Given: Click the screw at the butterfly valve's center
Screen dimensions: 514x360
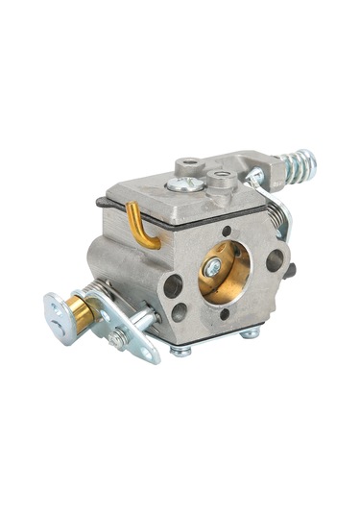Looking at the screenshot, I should pos(213,270).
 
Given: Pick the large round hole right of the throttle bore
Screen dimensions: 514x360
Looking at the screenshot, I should pos(274,258).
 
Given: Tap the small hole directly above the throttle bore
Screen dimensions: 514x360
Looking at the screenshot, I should pos(227,232).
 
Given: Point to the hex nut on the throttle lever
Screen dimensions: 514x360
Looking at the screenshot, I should pos(118,338).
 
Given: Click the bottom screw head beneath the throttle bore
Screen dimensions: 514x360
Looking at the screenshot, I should pos(249,333).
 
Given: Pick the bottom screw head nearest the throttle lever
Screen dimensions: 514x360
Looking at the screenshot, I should pos(180,350).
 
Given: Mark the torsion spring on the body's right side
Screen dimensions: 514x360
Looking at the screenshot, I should pos(279,219).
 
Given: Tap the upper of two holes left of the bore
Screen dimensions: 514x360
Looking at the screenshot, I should pos(173,285).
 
